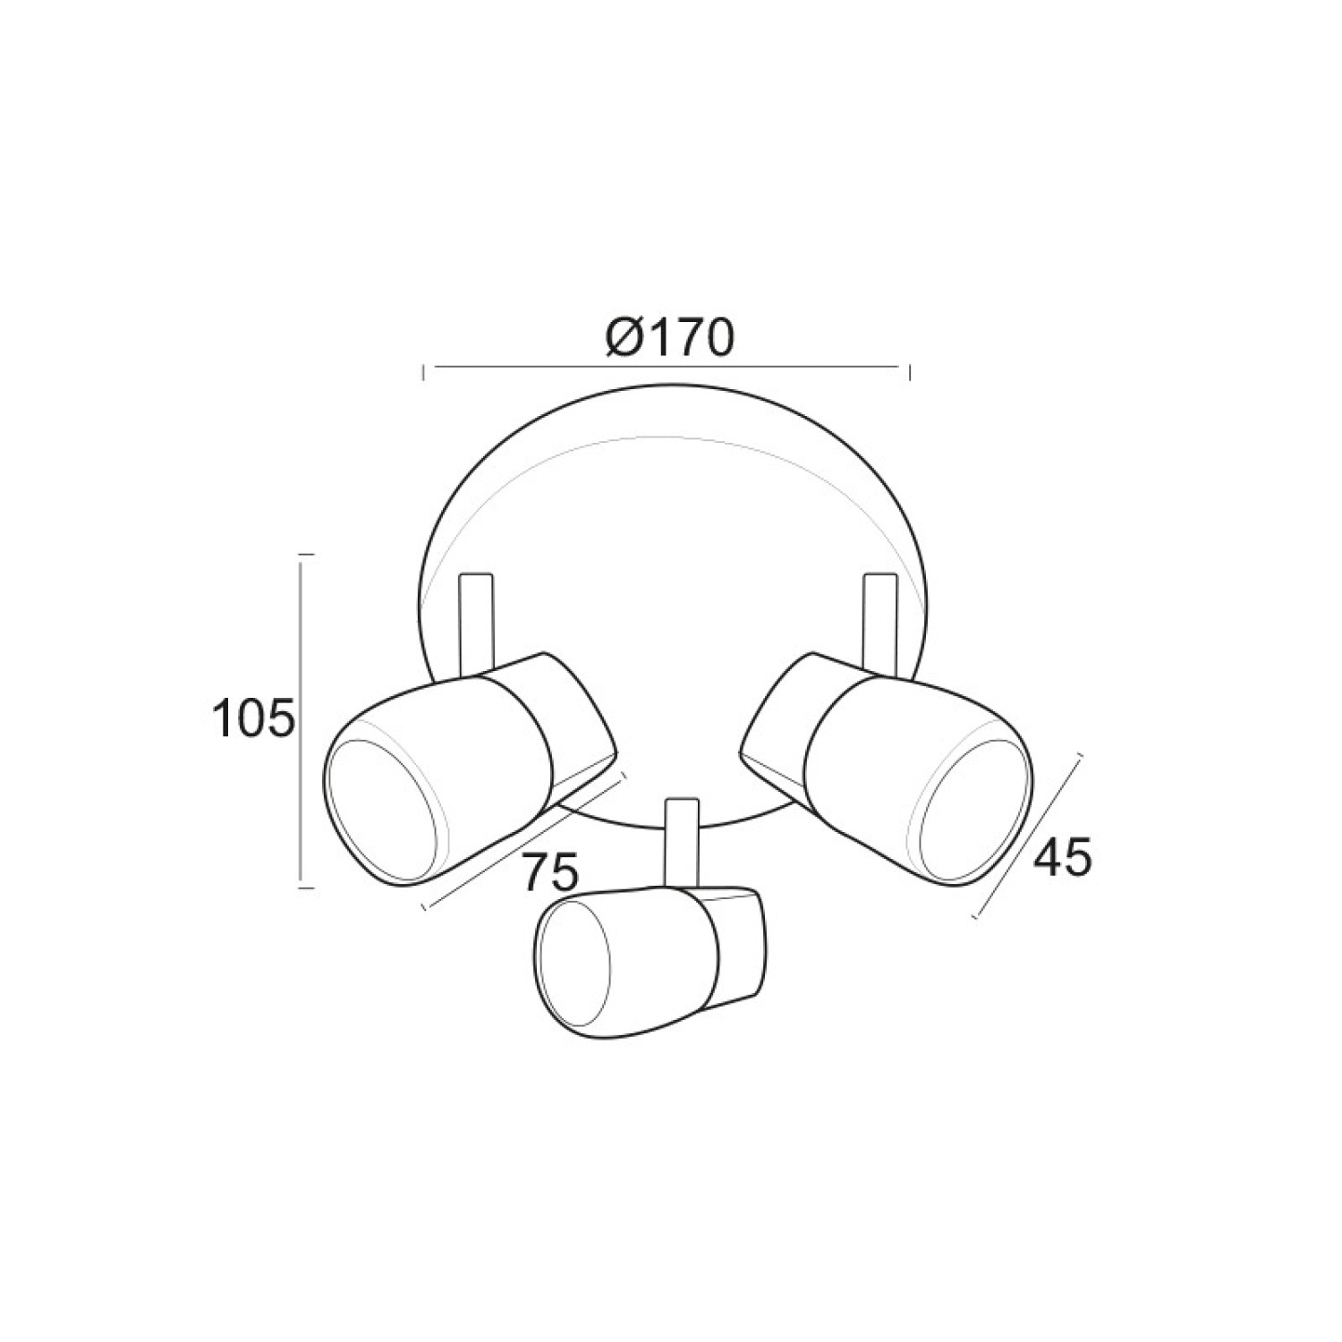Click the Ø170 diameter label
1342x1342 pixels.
(668, 336)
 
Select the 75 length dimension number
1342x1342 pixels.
(550, 872)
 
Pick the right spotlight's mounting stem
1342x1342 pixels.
(879, 621)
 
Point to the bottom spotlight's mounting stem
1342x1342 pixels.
(681, 842)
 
